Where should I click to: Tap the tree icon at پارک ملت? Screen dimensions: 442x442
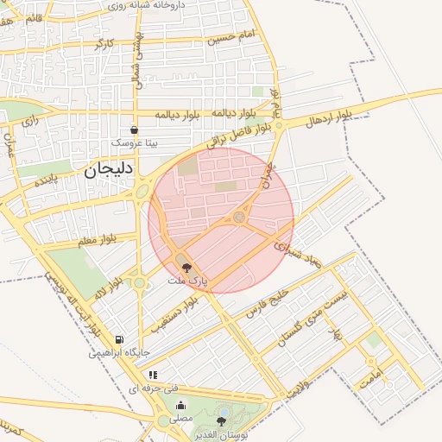tap(188, 268)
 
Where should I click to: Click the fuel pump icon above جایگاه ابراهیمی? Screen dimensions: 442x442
tap(119, 339)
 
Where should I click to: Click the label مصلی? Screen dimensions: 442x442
tap(180, 418)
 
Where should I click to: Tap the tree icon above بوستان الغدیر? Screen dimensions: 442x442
tap(222, 421)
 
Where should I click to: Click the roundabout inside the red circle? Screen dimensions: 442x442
tap(239, 217)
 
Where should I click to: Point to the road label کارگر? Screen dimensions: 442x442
tap(104, 43)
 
